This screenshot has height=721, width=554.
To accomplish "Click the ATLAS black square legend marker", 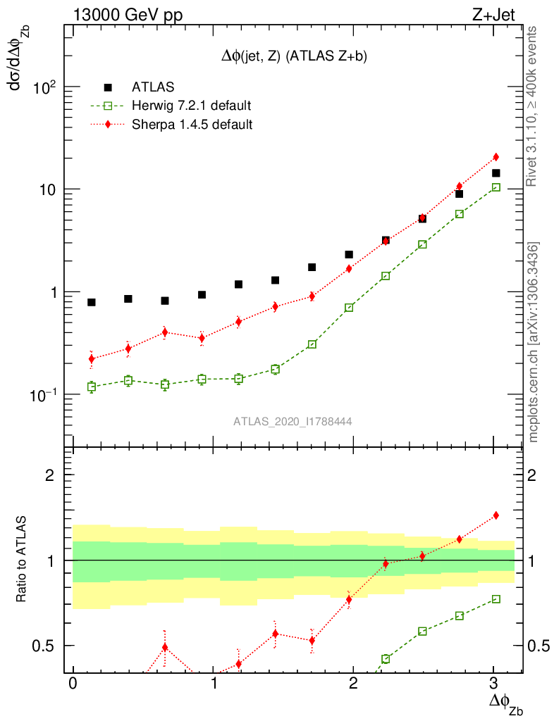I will point(108,87).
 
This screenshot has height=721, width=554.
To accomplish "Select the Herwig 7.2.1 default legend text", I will point(192,106).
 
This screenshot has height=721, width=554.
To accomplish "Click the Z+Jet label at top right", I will point(500,14).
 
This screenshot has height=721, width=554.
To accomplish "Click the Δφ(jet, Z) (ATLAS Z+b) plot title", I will point(294,57).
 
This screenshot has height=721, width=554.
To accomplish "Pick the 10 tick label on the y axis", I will point(47,190).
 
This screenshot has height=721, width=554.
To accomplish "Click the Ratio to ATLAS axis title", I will point(23,559).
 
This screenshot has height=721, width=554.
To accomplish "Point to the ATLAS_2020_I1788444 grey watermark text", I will point(293,421).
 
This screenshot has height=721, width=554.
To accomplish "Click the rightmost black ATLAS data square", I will point(495,173).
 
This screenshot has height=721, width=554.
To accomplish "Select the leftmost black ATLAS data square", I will point(92,302).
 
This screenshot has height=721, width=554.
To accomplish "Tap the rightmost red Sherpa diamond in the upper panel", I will point(495,156).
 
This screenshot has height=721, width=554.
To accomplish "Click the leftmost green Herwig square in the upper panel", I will point(92,387).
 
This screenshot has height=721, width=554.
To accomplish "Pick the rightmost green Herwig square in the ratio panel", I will point(495,598).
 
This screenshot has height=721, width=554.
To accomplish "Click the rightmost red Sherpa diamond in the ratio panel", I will point(495,515).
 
